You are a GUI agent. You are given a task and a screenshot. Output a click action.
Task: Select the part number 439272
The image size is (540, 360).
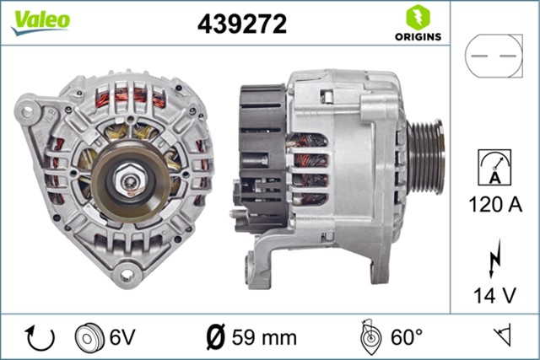[x=241, y=24]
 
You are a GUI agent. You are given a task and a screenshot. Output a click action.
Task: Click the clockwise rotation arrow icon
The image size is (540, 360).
[x=40, y=337]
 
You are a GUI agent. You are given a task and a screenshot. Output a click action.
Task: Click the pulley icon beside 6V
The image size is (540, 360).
[x=89, y=337]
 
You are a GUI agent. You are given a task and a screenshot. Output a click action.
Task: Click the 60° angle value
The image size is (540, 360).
[x=406, y=338]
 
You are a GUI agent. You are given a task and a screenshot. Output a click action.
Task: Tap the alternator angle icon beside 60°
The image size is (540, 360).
[x=370, y=337]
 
